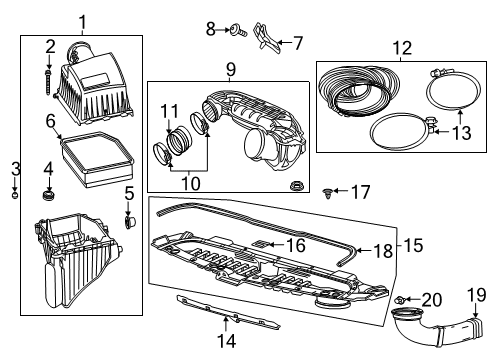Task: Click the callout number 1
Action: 82,20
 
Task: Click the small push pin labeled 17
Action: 331,192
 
